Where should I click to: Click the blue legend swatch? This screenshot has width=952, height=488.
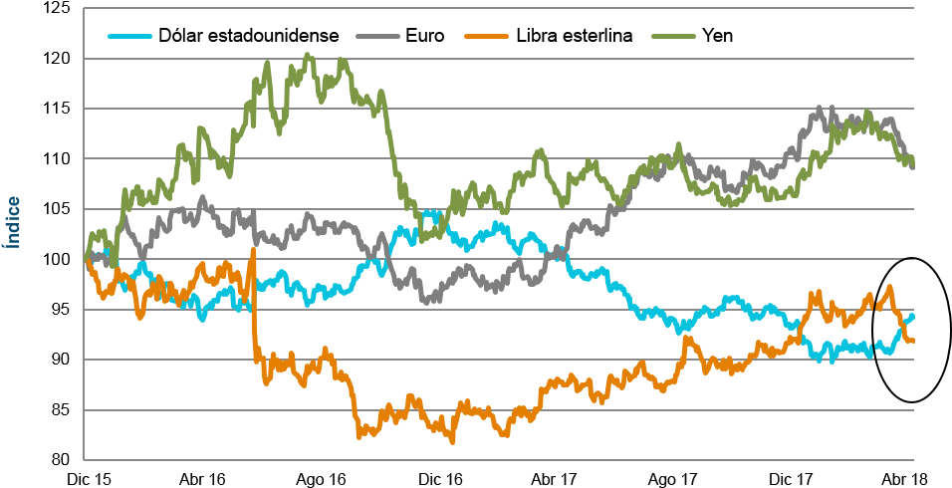point(129,37)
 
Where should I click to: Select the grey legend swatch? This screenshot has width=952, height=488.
point(377,37)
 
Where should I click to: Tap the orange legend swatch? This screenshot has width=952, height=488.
point(486,37)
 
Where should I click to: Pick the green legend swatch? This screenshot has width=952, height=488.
point(673,37)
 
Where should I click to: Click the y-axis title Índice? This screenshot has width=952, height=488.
point(13,222)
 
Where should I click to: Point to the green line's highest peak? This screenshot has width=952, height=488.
point(308,55)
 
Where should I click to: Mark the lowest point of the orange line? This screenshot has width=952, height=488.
point(452,441)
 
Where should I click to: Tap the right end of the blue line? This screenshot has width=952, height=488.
point(912,315)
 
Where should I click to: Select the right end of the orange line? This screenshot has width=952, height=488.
point(912,341)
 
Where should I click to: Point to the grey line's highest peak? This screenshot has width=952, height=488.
point(821,107)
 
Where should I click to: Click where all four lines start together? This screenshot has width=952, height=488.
point(86,257)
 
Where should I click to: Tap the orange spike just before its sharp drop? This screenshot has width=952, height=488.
point(253,249)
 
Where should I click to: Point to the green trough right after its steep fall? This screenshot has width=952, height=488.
point(422,238)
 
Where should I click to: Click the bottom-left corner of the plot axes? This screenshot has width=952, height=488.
point(84,460)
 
